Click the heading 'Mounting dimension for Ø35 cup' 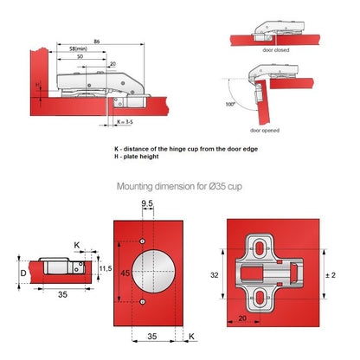(x=180, y=186)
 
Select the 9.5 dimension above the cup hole (x=148, y=204)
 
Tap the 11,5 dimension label (x=105, y=270)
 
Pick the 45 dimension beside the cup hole (x=126, y=273)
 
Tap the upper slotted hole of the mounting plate (x=260, y=247)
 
